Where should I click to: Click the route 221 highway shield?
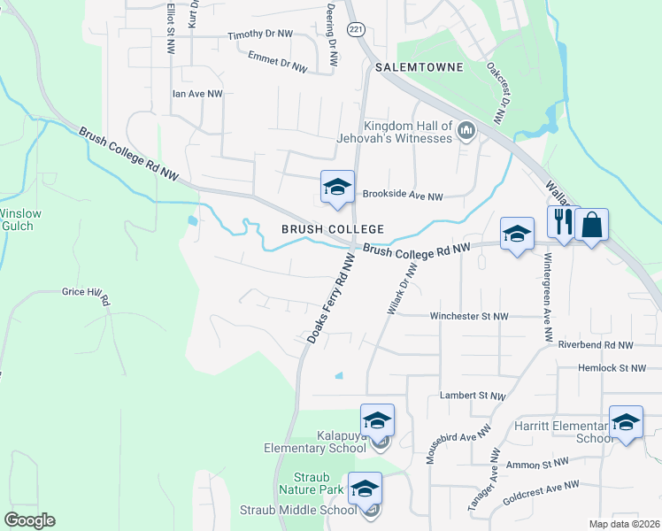pos(355,30)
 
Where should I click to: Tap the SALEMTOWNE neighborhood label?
pos(413,67)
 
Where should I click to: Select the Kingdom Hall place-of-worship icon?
pos(466,134)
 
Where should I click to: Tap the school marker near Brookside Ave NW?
pos(336,188)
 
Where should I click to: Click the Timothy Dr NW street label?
pos(259,35)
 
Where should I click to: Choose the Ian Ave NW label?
pos(197,93)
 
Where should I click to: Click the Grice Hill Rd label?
pos(85,296)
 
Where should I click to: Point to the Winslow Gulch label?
pos(16,219)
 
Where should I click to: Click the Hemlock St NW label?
pos(619,367)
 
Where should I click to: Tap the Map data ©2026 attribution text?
pos(624,524)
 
